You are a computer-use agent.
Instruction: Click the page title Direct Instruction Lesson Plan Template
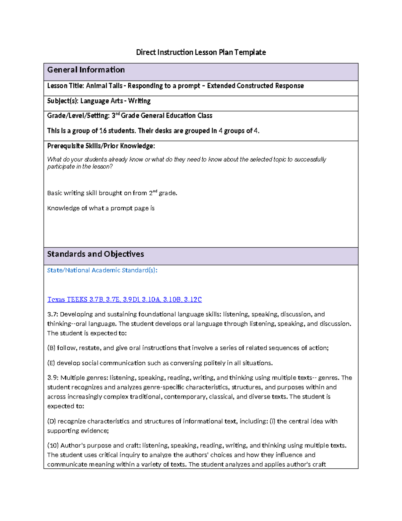[201, 52]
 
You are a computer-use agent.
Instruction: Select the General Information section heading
[86, 70]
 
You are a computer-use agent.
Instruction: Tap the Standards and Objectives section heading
[95, 254]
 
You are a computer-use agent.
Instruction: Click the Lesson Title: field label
[66, 86]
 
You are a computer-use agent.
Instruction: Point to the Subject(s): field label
[63, 101]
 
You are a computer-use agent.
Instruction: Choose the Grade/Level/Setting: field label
[78, 116]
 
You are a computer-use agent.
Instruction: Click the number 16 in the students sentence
[103, 131]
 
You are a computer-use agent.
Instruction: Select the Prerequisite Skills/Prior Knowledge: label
[101, 146]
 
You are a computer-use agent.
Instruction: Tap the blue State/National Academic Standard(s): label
[102, 270]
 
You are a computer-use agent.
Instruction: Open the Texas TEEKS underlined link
[124, 299]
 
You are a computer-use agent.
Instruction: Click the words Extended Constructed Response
[255, 86]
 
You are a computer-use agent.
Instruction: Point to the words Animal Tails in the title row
[104, 86]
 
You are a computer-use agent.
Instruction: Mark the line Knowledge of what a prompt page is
[101, 208]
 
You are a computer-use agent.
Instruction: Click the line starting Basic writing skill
[112, 193]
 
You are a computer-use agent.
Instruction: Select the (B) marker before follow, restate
[51, 348]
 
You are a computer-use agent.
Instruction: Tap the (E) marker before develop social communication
[51, 363]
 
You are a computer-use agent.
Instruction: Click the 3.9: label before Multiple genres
[53, 378]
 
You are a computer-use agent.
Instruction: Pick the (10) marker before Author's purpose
[53, 446]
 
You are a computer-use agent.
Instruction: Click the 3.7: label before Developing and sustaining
[53, 314]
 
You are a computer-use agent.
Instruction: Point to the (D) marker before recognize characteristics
[51, 421]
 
